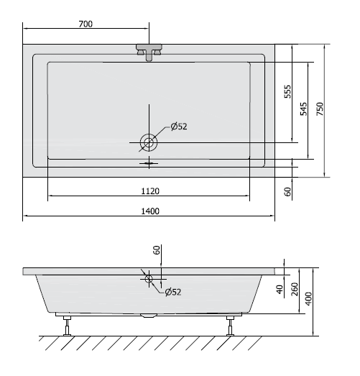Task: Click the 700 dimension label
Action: tap(86, 24)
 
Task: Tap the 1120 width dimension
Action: tap(150, 191)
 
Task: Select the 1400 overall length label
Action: tap(150, 211)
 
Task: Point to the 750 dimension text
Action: tap(320, 109)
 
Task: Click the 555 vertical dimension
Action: tap(287, 91)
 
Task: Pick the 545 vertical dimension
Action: tap(304, 109)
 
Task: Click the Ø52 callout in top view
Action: tap(179, 127)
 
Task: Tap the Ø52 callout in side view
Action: tap(173, 292)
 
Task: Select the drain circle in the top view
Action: tap(149, 142)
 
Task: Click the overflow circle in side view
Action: tap(149, 279)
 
